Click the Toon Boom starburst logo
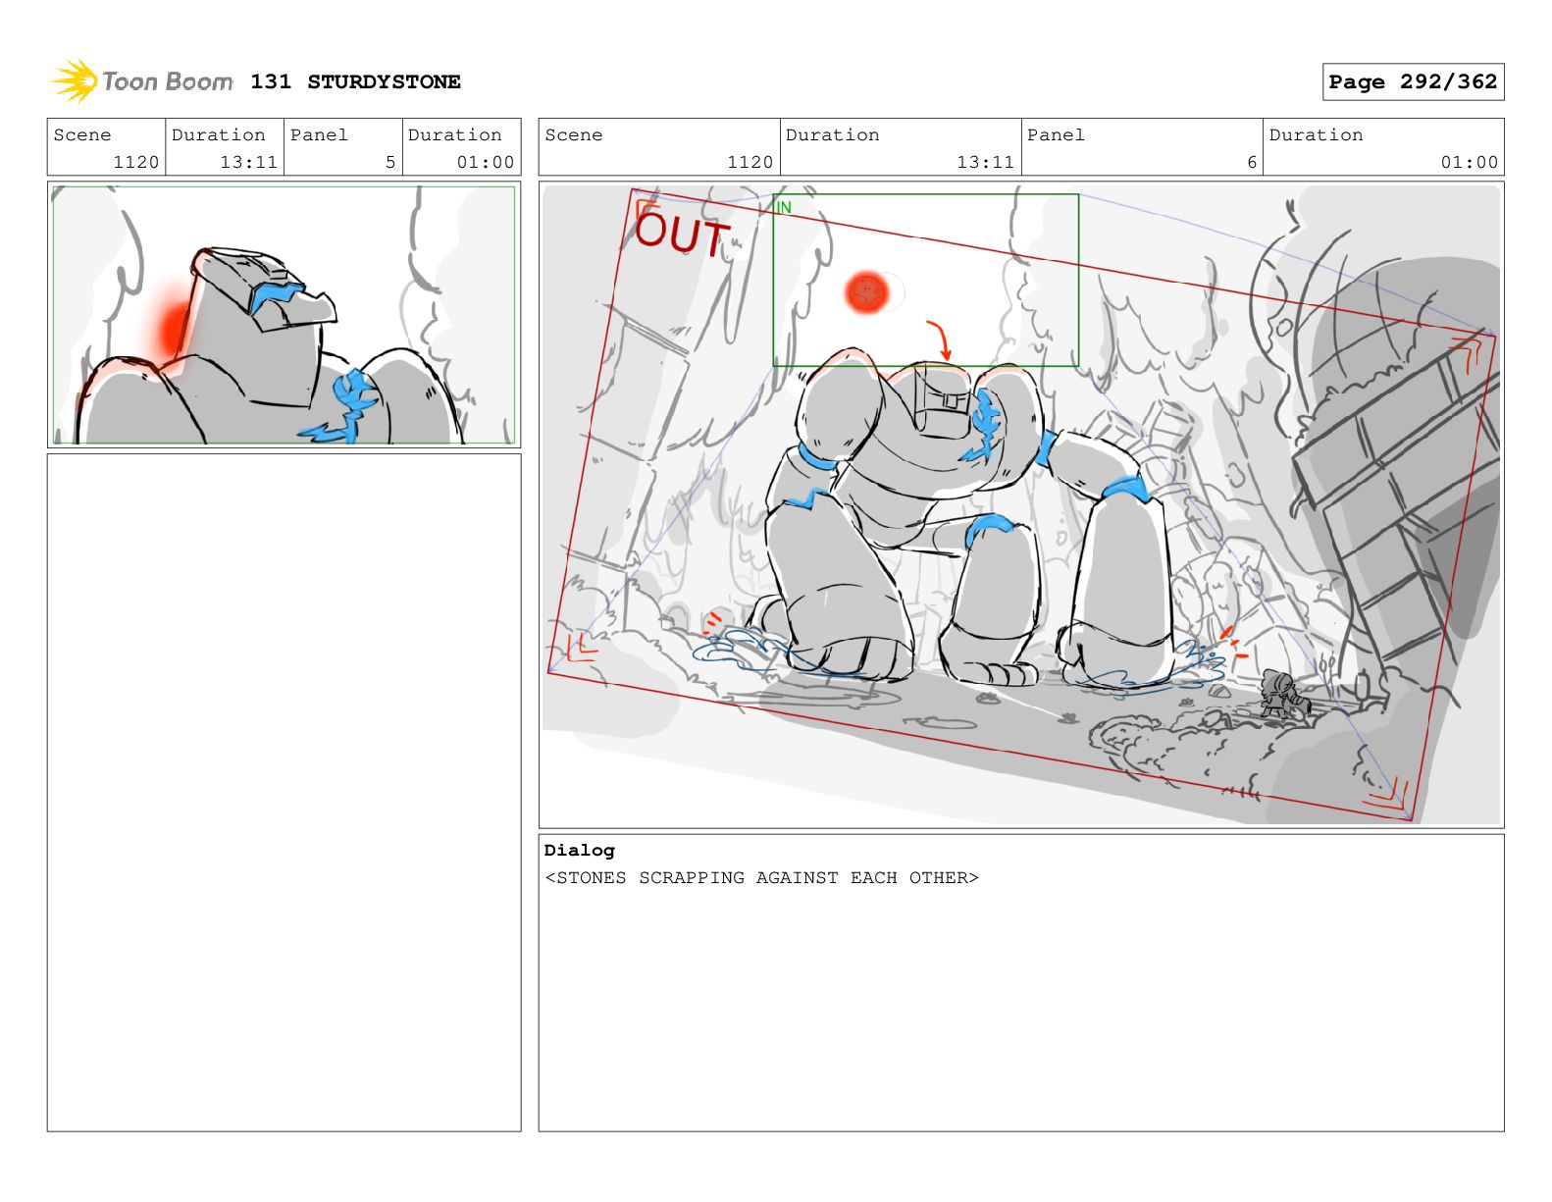tap(75, 80)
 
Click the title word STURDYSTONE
tap(384, 81)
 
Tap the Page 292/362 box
tap(1412, 81)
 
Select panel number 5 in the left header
tap(390, 162)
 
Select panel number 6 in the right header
tap(1252, 162)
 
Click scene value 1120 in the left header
tap(135, 162)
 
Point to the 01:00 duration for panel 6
tap(1469, 162)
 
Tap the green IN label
tap(784, 207)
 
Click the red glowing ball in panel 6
tap(866, 292)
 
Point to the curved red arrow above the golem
tap(941, 340)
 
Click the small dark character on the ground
tap(1284, 692)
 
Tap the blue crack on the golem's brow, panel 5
tap(277, 295)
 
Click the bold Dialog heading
tap(579, 849)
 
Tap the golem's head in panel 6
tap(943, 396)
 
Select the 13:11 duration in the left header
tap(248, 162)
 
